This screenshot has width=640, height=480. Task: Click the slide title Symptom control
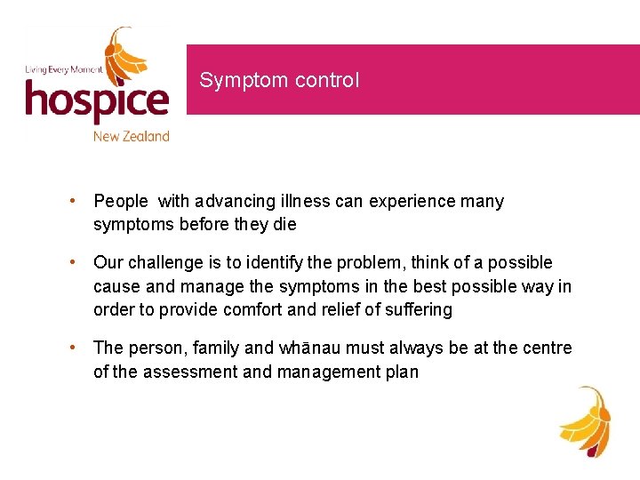tap(279, 80)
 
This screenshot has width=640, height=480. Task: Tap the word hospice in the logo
tap(96, 101)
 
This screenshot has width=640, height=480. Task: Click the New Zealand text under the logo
tap(131, 136)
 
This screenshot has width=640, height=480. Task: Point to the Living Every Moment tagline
tap(62, 68)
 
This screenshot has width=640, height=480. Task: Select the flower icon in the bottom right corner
tap(585, 420)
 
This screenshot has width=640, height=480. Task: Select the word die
tap(284, 225)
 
